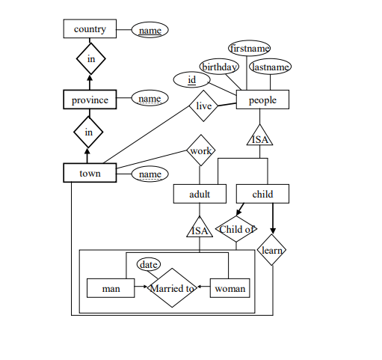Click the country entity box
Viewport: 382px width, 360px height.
point(90,28)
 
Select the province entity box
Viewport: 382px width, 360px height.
point(90,100)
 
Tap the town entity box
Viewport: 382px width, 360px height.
point(90,173)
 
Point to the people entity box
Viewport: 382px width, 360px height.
point(262,100)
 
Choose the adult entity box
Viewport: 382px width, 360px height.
point(200,194)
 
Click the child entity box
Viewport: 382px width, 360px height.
point(262,194)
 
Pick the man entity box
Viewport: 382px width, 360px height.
point(111,288)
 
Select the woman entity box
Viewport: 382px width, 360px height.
point(229,288)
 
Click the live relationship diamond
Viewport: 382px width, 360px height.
point(203,106)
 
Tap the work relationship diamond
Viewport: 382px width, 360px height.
point(201,150)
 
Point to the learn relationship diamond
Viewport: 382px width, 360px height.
point(271,250)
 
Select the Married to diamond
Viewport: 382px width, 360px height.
point(172,288)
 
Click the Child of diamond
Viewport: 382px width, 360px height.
point(236,229)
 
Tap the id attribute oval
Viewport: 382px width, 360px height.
point(191,80)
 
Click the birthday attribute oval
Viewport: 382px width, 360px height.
point(219,67)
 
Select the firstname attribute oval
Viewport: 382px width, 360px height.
point(250,48)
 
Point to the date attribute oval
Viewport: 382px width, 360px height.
point(149,264)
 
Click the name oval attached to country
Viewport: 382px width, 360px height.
point(150,30)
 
